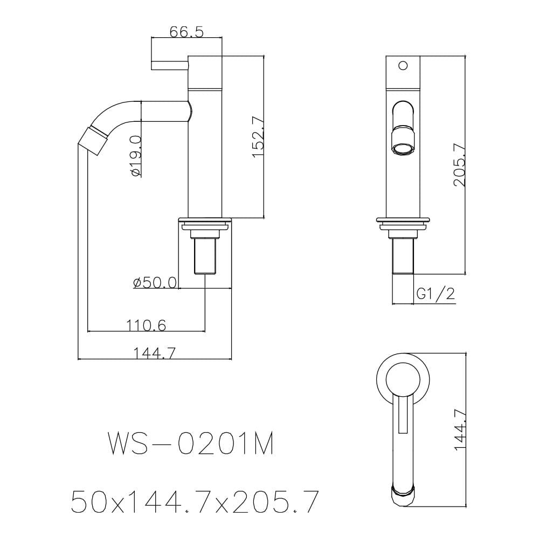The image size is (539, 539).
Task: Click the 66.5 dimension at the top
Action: click(186, 32)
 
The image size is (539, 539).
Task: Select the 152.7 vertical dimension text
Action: click(258, 137)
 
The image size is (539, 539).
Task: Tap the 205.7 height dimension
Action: click(459, 165)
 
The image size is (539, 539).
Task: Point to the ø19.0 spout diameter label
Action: click(136, 156)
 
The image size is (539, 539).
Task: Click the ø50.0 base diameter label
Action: click(155, 283)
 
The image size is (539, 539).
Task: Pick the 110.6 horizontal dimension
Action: click(146, 325)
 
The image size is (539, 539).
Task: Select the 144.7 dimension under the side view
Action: click(154, 353)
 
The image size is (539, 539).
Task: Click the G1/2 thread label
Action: click(436, 294)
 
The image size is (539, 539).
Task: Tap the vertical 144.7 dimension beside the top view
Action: click(460, 429)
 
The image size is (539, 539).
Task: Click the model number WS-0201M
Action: click(191, 444)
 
